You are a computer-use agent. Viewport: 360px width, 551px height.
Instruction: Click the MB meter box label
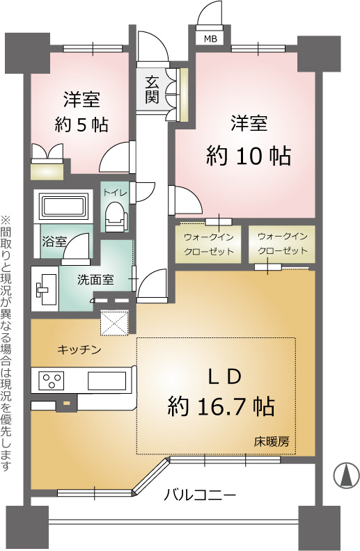pyautogui.click(x=209, y=39)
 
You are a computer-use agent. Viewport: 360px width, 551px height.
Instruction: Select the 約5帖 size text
pyautogui.click(x=81, y=125)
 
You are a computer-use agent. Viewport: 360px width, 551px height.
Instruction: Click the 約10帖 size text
pyautogui.click(x=248, y=157)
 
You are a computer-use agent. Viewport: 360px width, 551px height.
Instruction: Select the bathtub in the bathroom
pyautogui.click(x=64, y=207)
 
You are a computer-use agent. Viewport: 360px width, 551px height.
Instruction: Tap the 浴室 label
pyautogui.click(x=54, y=242)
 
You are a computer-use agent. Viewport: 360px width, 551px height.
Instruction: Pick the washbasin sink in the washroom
pyautogui.click(x=48, y=288)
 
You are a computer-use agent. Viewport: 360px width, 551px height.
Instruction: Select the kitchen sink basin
pyautogui.click(x=106, y=381)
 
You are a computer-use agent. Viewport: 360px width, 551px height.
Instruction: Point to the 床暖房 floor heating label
pyautogui.click(x=272, y=442)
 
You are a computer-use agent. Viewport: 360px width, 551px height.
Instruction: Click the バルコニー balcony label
pyautogui.click(x=200, y=495)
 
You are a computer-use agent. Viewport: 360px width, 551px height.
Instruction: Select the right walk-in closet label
pyautogui.click(x=282, y=243)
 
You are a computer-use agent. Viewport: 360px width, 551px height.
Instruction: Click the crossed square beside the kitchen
pyautogui.click(x=116, y=321)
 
